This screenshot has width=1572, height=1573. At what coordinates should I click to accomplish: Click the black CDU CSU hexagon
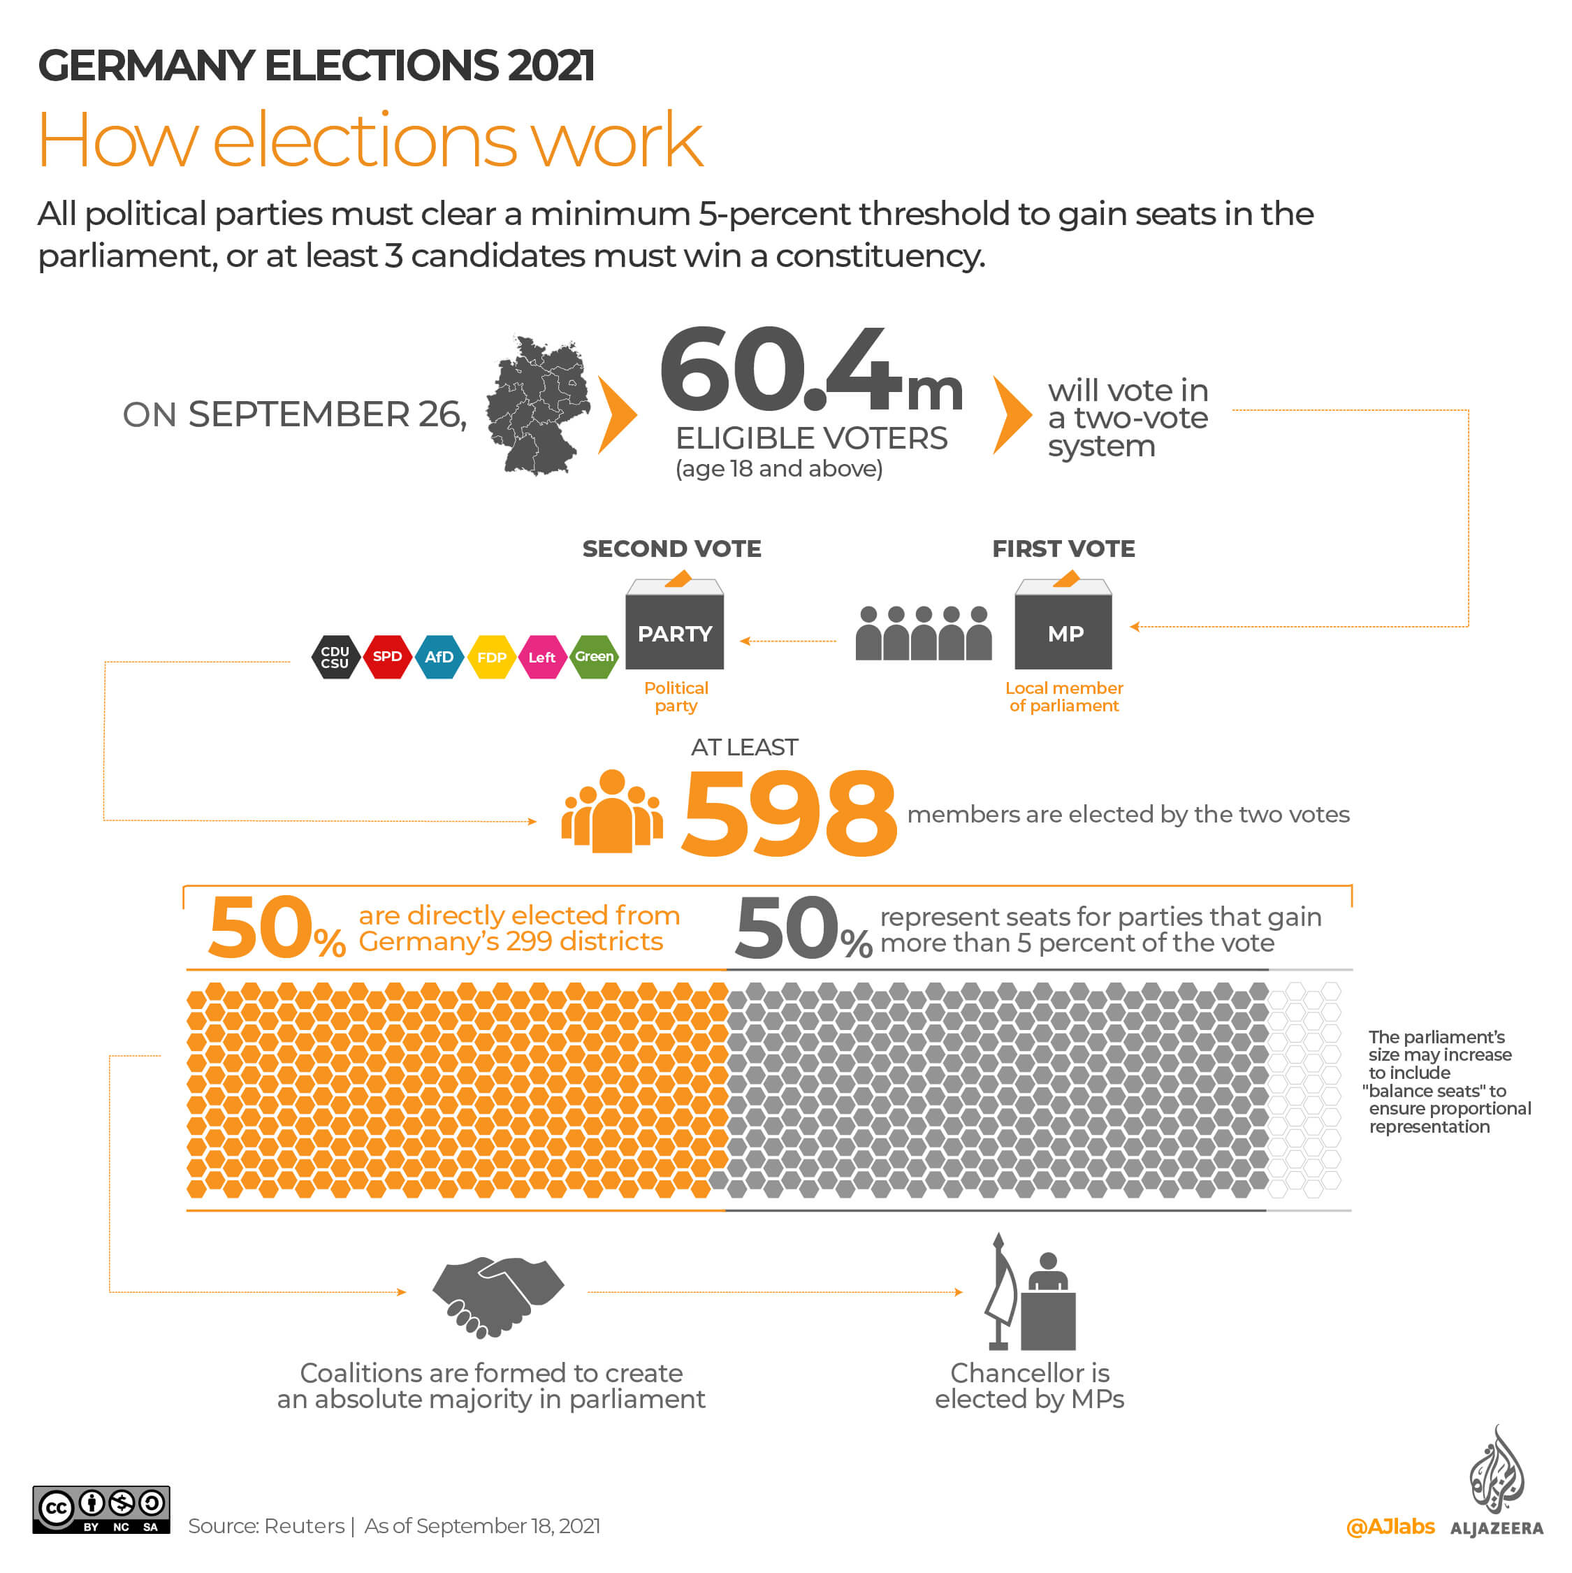pyautogui.click(x=335, y=657)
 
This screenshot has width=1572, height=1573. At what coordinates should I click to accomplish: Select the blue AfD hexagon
pyautogui.click(x=439, y=656)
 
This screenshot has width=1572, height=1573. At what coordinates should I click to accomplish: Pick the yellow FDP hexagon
pyautogui.click(x=492, y=657)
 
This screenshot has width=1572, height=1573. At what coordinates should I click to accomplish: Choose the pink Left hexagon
pyautogui.click(x=542, y=657)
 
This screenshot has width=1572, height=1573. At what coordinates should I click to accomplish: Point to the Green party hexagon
pyautogui.click(x=595, y=656)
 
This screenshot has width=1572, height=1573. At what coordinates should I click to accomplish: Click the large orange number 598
pyautogui.click(x=788, y=814)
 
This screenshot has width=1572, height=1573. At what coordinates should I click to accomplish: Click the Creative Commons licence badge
pyautogui.click(x=101, y=1509)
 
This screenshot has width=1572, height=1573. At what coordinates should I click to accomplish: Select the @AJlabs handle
pyautogui.click(x=1390, y=1527)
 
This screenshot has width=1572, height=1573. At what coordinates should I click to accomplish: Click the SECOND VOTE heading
pyautogui.click(x=671, y=549)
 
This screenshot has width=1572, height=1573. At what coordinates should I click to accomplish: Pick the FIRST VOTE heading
pyautogui.click(x=1063, y=549)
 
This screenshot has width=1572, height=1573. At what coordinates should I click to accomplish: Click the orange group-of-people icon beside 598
pyautogui.click(x=611, y=812)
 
